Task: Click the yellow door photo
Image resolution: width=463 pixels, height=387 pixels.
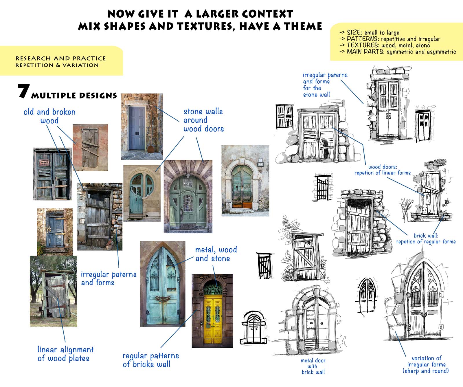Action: (212, 311)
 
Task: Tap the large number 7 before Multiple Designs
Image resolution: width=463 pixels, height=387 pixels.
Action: (23, 91)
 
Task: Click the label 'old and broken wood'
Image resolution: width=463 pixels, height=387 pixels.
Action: (49, 116)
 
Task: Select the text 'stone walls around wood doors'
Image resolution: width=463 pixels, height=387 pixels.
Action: (203, 120)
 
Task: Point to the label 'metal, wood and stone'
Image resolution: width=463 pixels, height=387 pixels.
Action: (216, 254)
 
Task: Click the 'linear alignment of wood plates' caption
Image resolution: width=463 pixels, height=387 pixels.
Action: (65, 354)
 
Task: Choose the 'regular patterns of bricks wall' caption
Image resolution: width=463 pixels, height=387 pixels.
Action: (150, 360)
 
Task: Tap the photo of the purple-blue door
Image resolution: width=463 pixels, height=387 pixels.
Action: (142, 126)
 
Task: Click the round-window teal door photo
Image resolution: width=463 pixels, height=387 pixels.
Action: (142, 193)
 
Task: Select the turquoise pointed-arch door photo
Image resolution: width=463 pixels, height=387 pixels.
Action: (162, 284)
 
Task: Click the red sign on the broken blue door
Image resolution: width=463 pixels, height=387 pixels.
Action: (44, 163)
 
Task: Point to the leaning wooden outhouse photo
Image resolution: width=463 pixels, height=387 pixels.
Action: (54, 291)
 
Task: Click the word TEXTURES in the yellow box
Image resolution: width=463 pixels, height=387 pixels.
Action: (363, 45)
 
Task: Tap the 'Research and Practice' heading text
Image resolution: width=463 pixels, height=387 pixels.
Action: (60, 58)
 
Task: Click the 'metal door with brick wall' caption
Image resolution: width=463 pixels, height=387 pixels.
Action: (313, 366)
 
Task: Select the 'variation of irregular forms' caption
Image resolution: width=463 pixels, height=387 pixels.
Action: (426, 364)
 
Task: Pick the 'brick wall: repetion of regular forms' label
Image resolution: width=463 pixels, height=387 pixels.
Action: (426, 239)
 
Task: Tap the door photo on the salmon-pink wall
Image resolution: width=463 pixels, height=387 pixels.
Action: (90, 147)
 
